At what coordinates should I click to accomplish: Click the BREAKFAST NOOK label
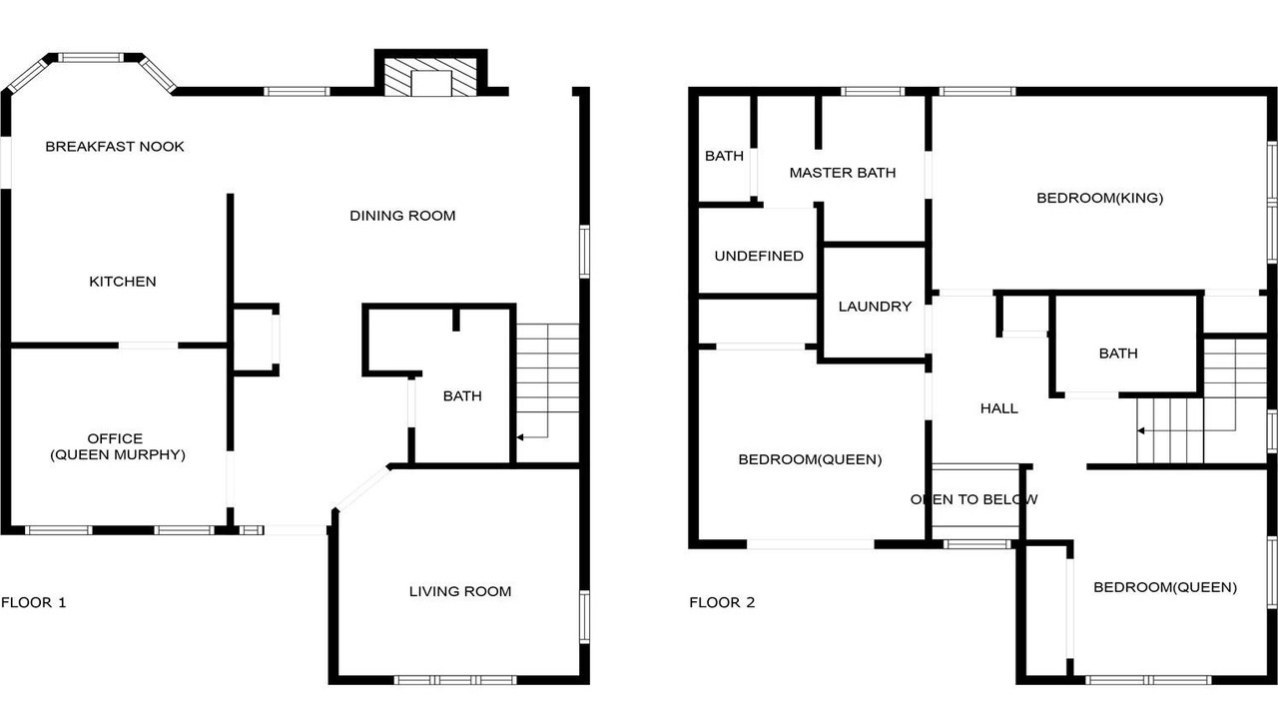click(115, 147)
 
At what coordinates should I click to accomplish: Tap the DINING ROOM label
click(402, 216)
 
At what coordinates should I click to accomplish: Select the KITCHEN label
click(123, 282)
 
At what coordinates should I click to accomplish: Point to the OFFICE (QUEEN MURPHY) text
click(118, 446)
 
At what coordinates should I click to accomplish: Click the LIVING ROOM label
click(460, 591)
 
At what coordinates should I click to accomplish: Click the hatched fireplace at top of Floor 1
click(430, 77)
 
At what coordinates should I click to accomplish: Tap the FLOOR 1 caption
click(34, 602)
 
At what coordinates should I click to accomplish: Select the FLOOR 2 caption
click(722, 602)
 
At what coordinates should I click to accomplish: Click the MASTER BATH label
click(842, 173)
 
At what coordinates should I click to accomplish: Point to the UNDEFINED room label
click(759, 256)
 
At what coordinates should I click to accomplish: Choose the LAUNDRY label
click(875, 307)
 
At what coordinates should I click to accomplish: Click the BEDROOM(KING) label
click(1099, 198)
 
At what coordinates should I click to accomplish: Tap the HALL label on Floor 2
click(999, 408)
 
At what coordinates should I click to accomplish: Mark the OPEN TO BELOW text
click(973, 499)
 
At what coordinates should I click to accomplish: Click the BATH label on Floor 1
click(462, 396)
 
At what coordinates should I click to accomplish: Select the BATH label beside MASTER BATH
click(724, 156)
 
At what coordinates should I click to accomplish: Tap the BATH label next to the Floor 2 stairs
click(1118, 354)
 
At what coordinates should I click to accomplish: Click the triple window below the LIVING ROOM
click(454, 680)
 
